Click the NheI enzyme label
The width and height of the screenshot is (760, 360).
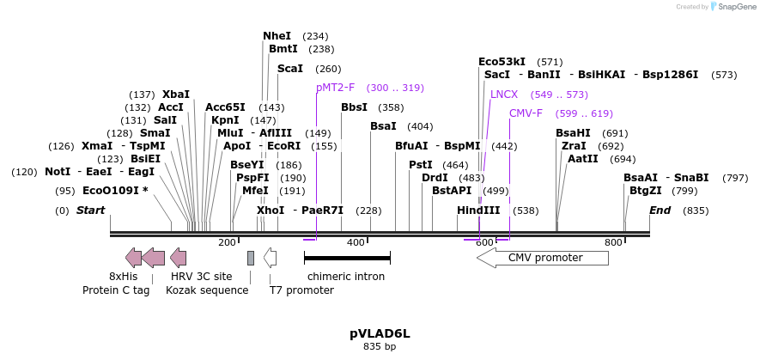pyautogui.click(x=277, y=36)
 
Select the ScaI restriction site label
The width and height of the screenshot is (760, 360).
pyautogui.click(x=290, y=69)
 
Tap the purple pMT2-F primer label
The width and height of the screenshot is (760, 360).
pyautogui.click(x=335, y=88)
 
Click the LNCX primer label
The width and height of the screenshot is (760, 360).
pyautogui.click(x=504, y=94)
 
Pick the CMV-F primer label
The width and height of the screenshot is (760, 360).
pyautogui.click(x=526, y=113)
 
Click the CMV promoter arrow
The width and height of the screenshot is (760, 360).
pyautogui.click(x=543, y=258)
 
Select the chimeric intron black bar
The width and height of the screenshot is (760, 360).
pyautogui.click(x=347, y=257)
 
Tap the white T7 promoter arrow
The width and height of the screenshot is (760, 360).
pyautogui.click(x=270, y=257)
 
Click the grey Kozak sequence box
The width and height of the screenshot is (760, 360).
pyautogui.click(x=251, y=258)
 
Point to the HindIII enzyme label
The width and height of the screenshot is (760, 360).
pyautogui.click(x=478, y=211)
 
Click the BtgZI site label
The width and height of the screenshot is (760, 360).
pyautogui.click(x=646, y=191)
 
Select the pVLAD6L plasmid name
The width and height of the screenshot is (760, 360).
pyautogui.click(x=380, y=333)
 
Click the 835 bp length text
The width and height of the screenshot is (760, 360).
pyautogui.click(x=380, y=347)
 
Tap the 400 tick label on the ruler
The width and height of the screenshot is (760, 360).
pyautogui.click(x=356, y=243)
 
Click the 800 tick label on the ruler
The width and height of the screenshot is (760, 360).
pyautogui.click(x=612, y=243)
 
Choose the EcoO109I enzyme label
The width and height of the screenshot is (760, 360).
pyautogui.click(x=112, y=191)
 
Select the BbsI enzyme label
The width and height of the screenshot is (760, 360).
pyautogui.click(x=354, y=107)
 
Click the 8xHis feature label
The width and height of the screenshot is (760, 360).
pyautogui.click(x=123, y=277)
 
